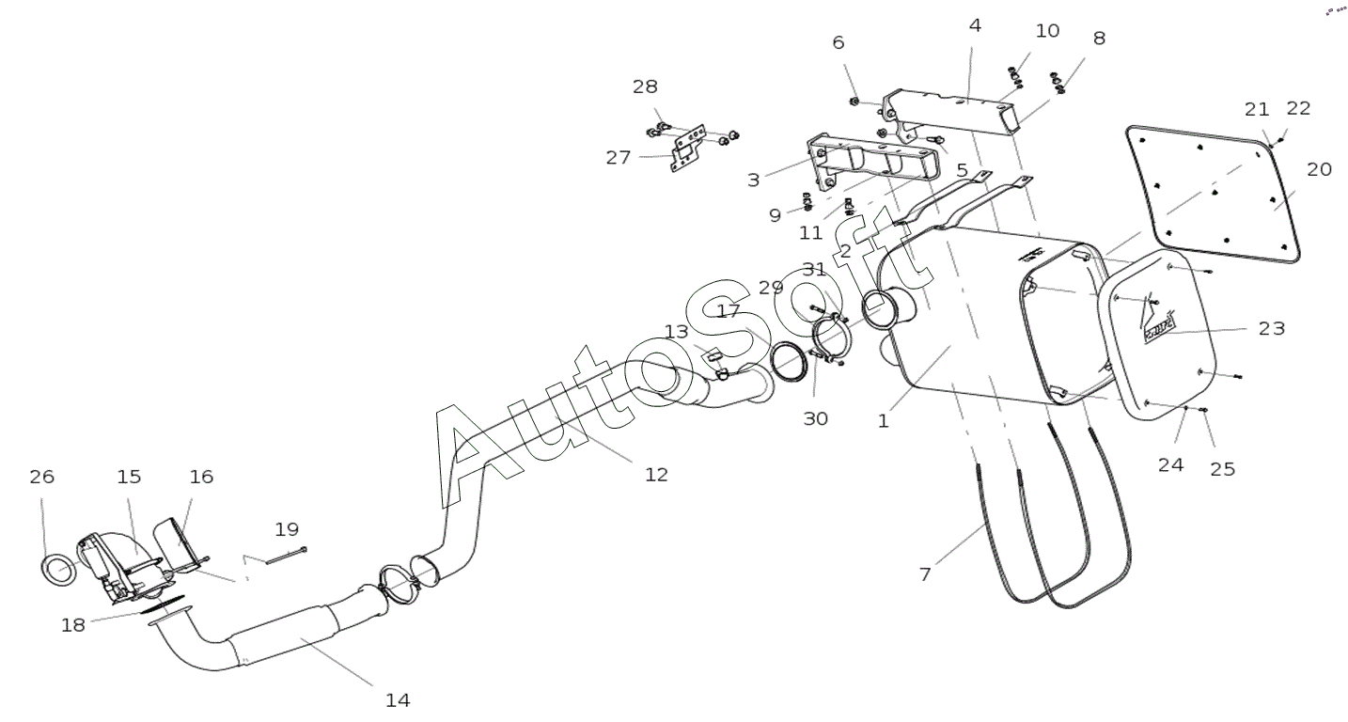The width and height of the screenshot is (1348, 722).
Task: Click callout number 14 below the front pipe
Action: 398,700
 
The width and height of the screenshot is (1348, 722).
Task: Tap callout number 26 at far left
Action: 42,478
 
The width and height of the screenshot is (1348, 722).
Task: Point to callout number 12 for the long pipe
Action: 656,475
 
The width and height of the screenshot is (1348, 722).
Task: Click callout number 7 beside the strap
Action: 925,574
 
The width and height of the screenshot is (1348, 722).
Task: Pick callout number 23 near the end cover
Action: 1272,328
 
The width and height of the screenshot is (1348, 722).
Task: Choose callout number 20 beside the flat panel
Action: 1319,169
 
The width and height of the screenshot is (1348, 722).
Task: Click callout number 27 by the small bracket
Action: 618,158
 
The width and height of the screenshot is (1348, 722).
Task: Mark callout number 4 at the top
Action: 976,26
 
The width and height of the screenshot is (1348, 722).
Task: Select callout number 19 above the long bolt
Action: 287,529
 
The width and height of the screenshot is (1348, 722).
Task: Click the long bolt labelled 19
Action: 287,556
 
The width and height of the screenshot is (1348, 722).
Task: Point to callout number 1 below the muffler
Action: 883,421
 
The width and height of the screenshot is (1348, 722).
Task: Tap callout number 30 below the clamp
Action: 815,418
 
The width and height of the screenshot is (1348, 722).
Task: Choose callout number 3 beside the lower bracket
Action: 754,180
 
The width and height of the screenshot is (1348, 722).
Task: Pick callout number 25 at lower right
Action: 1223,469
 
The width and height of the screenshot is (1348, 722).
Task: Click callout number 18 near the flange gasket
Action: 73,626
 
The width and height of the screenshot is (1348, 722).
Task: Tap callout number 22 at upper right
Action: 1299,108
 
